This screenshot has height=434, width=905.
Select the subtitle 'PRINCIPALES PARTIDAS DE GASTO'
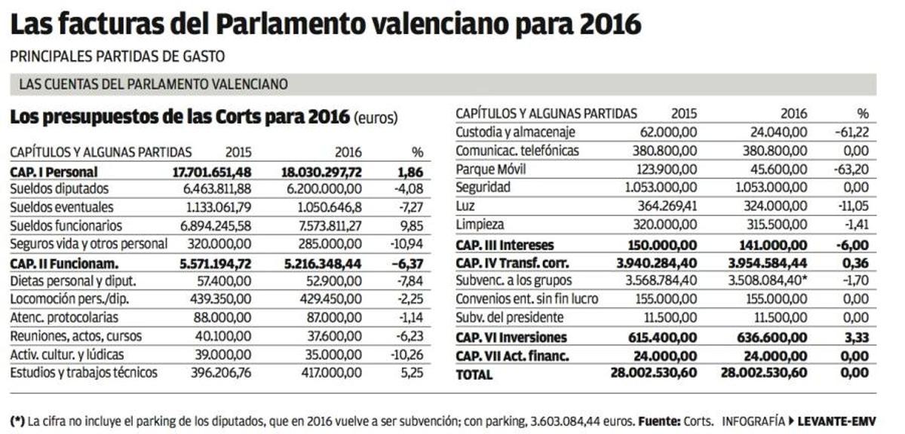coord(117,57)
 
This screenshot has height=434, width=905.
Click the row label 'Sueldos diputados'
coord(60,189)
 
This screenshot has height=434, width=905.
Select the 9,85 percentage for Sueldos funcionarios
coord(410,226)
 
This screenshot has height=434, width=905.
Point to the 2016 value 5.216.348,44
coord(322,263)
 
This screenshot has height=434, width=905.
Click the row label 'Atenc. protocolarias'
coord(64,318)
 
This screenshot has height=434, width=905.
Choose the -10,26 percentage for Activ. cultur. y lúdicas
coord(406,355)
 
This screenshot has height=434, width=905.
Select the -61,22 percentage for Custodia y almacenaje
coord(851,133)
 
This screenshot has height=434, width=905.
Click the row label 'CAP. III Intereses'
coord(505,245)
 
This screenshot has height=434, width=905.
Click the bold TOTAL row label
coord(474,374)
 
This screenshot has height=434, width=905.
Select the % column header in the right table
coord(863,114)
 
